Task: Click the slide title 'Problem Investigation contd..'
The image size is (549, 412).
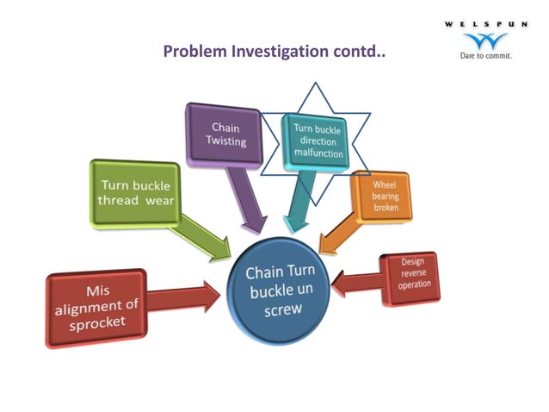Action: pos(274,52)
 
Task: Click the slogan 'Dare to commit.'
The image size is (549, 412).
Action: pos(486,57)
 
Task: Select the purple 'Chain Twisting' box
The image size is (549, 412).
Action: pos(225,134)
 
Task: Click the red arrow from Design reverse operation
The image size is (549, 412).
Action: pos(355,281)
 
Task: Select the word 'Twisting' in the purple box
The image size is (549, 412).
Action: pos(225,141)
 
